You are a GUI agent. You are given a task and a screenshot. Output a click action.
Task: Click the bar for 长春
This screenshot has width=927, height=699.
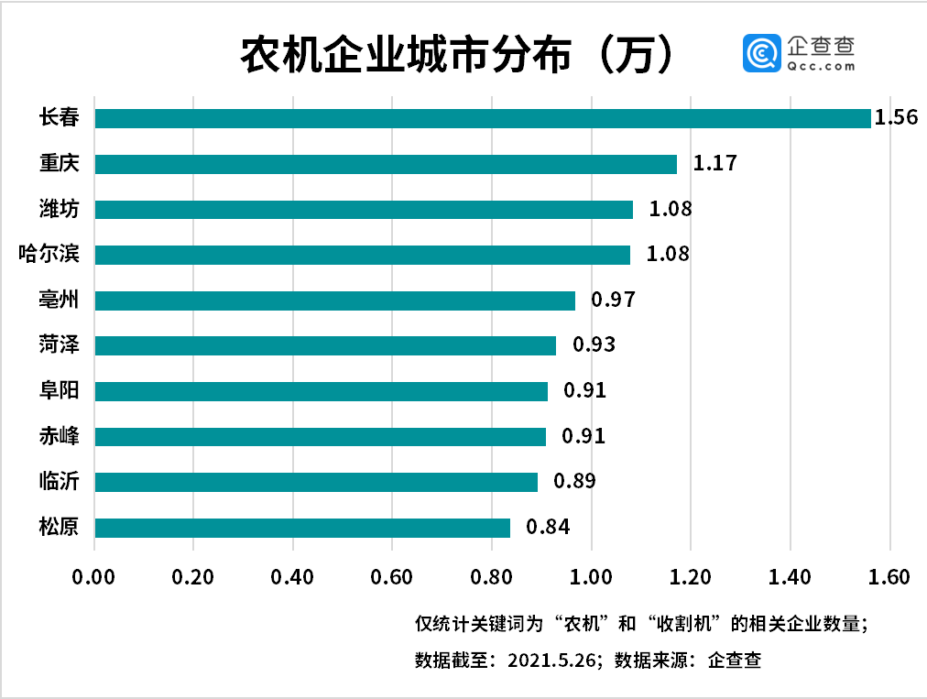(483, 118)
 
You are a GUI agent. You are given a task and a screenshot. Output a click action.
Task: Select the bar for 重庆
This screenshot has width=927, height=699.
(386, 164)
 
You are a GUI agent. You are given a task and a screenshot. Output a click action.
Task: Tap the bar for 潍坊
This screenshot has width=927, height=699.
(364, 210)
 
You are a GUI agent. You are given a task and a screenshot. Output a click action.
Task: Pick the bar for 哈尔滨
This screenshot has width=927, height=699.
(362, 255)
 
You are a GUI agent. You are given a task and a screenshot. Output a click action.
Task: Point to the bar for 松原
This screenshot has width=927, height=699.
(302, 528)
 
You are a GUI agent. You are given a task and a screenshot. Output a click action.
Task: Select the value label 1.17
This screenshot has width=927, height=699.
(714, 164)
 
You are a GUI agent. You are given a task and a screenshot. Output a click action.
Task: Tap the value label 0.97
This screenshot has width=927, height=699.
(613, 300)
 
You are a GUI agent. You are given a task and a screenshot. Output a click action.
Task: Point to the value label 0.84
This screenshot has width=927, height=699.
(548, 528)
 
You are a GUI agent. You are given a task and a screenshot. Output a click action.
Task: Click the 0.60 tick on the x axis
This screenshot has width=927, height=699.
(392, 577)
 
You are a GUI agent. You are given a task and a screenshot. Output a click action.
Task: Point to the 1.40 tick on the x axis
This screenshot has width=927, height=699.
(790, 577)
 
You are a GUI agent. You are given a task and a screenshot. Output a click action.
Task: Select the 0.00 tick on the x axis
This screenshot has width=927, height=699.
(94, 577)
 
